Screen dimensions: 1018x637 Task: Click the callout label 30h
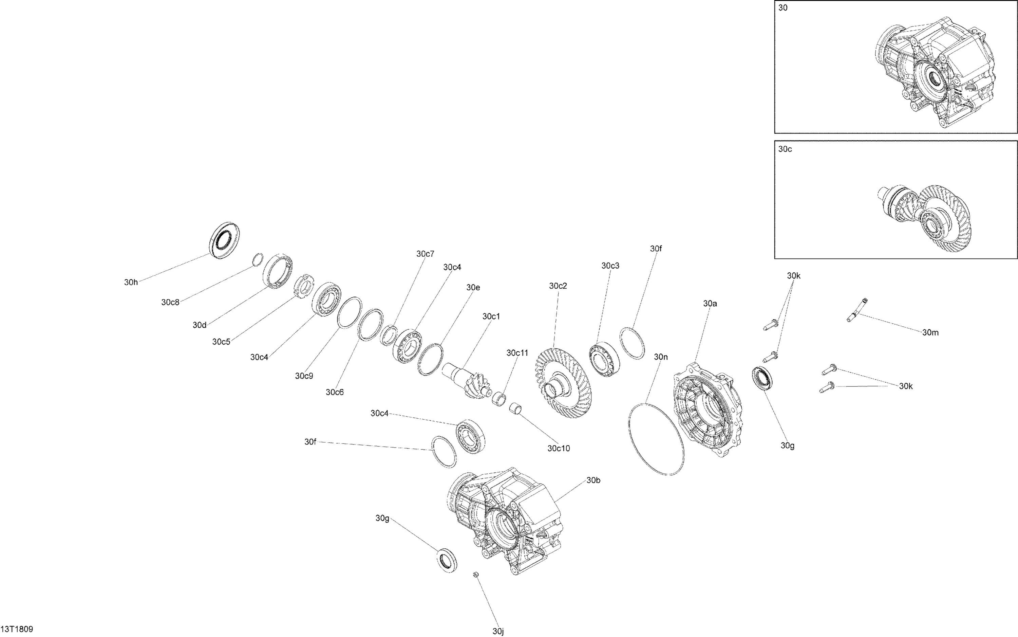tap(131, 282)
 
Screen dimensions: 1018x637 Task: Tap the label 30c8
tap(170, 302)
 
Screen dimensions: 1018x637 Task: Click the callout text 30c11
tap(517, 352)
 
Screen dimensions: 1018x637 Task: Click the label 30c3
tap(610, 266)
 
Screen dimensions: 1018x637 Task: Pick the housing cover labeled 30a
tap(709, 409)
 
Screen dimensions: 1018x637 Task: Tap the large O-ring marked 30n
tap(656, 439)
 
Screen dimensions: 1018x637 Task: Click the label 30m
tap(930, 332)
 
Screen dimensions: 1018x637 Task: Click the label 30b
tap(593, 480)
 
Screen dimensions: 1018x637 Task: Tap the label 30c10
tap(558, 449)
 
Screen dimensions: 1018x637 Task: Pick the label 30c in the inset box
tap(785, 149)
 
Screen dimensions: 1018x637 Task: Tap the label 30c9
tap(304, 376)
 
